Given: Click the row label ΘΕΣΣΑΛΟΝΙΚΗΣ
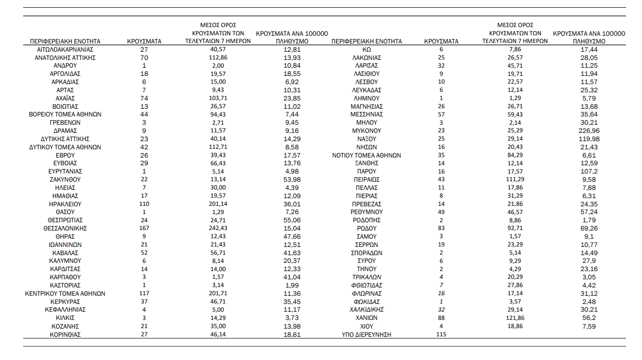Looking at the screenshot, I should pos(65,229).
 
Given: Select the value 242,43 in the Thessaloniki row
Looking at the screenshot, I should pos(218,229).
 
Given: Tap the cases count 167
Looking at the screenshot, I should pos(144,229).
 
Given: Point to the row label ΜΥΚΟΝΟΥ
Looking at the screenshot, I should pos(366,131).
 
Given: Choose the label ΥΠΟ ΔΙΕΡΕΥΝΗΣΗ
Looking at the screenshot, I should pos(366,335).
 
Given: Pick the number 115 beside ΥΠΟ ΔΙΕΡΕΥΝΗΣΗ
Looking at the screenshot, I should pos(441,335).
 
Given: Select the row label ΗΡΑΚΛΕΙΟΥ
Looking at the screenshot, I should pos(65,204).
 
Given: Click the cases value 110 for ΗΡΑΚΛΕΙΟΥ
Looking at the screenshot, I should pos(144,204).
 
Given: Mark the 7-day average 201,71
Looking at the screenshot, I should pos(218,294).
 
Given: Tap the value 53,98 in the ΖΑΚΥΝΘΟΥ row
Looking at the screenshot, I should pos(291,180).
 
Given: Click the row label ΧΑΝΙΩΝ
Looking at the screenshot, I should pos(366,318).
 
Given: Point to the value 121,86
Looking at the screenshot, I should pos(515,318).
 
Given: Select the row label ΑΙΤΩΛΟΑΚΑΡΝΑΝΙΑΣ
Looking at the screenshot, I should pos(65,49).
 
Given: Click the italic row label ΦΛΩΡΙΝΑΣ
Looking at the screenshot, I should pos(366,294).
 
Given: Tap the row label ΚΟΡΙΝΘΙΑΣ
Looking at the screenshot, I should pos(65,335).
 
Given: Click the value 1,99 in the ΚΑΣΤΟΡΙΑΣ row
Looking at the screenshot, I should pos(291,286).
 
